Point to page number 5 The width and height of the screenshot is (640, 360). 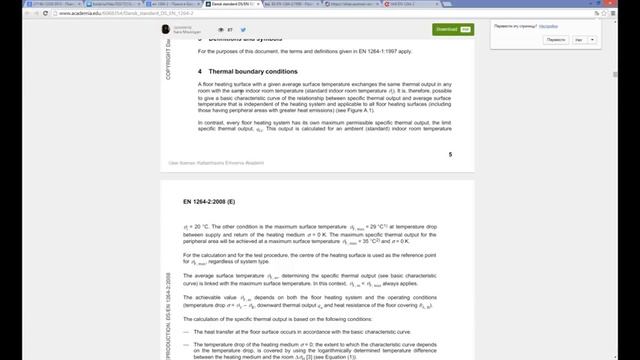450,155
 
